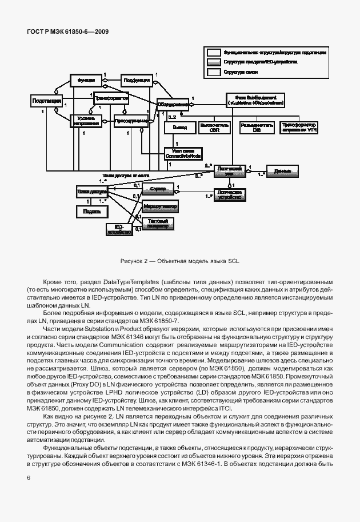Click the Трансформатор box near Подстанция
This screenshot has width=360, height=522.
(x=111, y=98)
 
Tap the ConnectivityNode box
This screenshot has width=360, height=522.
(x=182, y=153)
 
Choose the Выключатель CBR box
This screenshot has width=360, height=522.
(x=214, y=126)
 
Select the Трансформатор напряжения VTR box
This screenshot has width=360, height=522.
(x=298, y=126)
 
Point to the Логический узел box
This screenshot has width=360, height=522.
(x=231, y=172)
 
